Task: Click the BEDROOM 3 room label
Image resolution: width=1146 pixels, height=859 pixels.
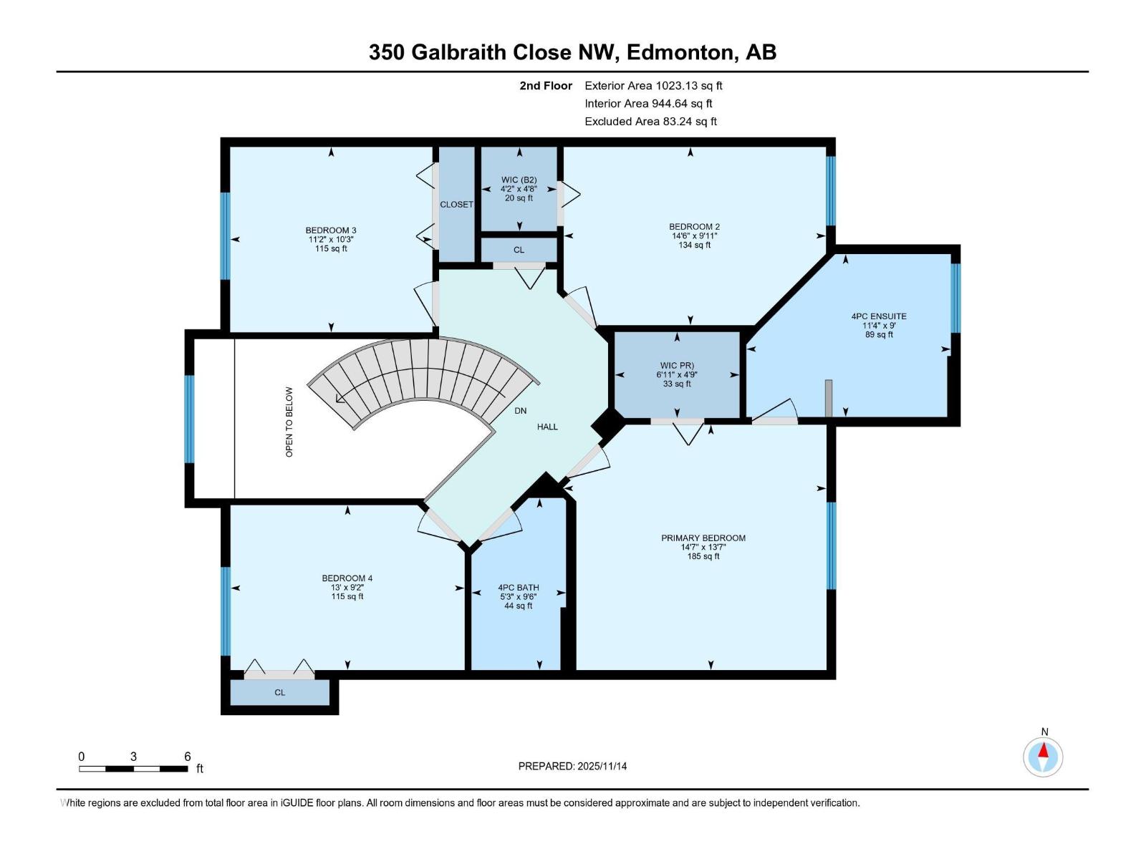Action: (330, 230)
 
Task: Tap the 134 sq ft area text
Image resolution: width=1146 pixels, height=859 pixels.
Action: (694, 246)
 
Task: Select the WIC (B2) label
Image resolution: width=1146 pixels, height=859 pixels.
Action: (519, 180)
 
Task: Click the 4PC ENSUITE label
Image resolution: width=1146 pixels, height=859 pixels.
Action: (878, 316)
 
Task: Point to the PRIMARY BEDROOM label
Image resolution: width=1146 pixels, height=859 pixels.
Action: (703, 538)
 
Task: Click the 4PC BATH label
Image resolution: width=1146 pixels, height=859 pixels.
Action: (518, 588)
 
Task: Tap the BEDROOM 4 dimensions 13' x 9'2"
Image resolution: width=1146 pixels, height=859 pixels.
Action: (347, 588)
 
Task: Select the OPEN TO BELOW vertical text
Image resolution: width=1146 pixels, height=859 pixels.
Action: (289, 422)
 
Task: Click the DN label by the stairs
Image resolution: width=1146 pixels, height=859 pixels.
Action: (520, 411)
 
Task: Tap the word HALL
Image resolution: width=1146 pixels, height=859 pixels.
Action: (547, 427)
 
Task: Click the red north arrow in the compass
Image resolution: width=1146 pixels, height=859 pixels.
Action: (1044, 751)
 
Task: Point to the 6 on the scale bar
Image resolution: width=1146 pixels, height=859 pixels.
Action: (187, 757)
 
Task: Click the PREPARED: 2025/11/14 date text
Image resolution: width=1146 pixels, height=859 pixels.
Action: (572, 766)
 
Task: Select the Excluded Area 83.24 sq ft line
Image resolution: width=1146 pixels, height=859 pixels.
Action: (650, 122)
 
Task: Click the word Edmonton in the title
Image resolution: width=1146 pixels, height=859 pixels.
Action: (682, 52)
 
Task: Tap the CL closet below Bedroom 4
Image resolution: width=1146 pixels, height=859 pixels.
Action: (279, 693)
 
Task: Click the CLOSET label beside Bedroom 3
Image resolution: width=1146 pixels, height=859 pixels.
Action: (456, 205)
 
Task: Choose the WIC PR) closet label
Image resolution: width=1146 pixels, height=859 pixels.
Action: (676, 366)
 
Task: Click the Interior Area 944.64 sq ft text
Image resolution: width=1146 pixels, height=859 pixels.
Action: (648, 104)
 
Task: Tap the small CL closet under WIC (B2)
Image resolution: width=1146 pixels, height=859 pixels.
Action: (519, 251)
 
